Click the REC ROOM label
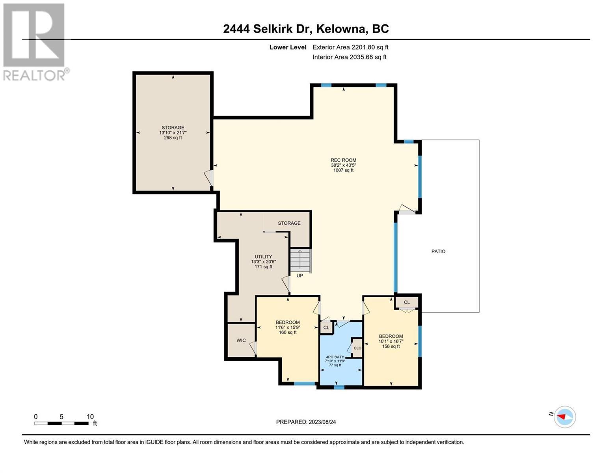click(343, 160)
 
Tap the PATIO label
click(438, 251)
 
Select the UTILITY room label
click(263, 257)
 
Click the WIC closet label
click(241, 340)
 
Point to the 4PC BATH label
click(335, 357)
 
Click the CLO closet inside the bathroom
click(357, 348)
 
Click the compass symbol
click(565, 417)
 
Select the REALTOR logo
click(35, 42)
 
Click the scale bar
click(61, 423)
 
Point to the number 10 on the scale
click(90, 416)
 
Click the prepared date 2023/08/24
click(322, 422)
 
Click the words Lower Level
click(288, 47)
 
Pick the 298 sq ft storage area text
click(173, 138)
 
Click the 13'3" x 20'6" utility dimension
click(263, 262)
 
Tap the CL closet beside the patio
click(407, 302)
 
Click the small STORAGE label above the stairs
click(289, 223)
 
